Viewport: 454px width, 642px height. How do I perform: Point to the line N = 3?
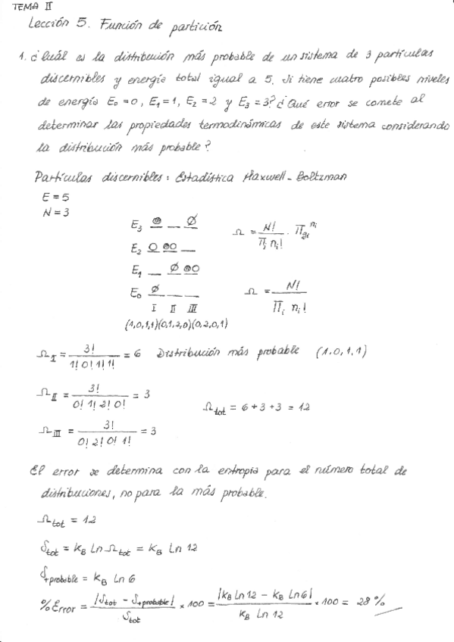[57, 212]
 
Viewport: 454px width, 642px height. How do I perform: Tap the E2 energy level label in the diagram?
[136, 248]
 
